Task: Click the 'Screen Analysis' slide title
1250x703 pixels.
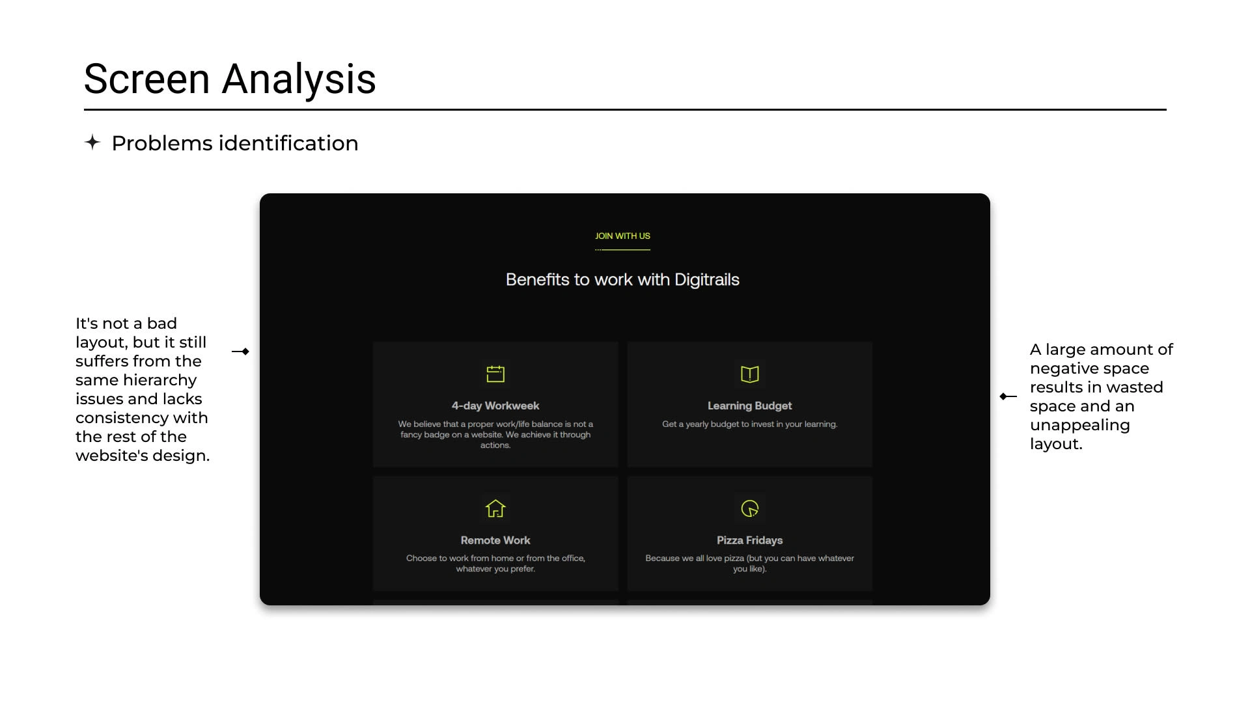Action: coord(230,79)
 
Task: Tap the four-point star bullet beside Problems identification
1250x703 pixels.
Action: coord(92,142)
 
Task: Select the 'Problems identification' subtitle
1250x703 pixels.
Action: coord(235,143)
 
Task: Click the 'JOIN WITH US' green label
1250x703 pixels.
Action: coord(622,236)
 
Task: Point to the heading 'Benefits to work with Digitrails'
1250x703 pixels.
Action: coord(622,280)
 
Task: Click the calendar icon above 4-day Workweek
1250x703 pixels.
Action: coord(495,374)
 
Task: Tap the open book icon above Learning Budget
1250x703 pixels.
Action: coord(750,374)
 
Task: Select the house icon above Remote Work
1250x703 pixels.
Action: coord(495,508)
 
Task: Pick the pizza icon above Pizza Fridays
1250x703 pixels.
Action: coord(750,508)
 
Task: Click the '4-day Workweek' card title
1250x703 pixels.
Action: coord(495,406)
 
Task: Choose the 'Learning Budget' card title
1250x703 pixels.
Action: coord(750,406)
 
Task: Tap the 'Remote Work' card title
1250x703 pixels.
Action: coord(495,540)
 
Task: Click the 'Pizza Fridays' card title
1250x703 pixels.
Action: coord(750,540)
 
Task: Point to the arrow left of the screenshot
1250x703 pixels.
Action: coord(240,351)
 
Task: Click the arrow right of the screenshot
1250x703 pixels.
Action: coord(1008,396)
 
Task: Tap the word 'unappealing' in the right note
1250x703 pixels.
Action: coord(1080,426)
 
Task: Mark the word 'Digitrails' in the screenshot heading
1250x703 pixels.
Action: coord(707,280)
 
